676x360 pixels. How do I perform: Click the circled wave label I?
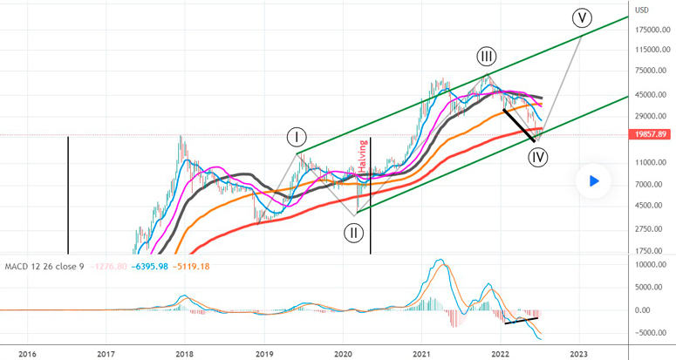[297, 137]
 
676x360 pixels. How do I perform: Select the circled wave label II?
[353, 232]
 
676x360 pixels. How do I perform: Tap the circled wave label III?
[487, 58]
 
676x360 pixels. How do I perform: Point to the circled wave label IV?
[538, 157]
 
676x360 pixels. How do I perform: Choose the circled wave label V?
[582, 17]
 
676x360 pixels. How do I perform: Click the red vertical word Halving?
[364, 156]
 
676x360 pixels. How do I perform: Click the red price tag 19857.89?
[649, 134]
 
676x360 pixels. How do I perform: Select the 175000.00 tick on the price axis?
[649, 30]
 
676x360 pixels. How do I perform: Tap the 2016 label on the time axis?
[27, 353]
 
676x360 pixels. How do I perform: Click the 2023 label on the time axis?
[578, 353]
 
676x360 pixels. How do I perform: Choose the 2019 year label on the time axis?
[263, 353]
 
